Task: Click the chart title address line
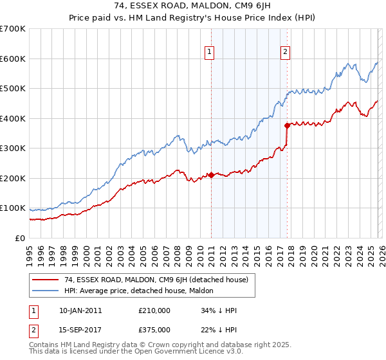192,6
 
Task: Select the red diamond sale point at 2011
211,175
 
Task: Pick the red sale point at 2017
287,126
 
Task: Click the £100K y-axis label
13,208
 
